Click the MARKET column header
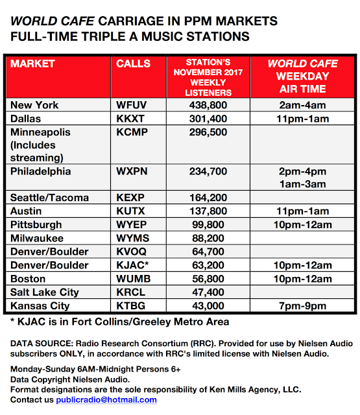[x=32, y=64]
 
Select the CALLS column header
[x=133, y=64]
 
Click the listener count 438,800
[x=208, y=105]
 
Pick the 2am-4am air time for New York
[x=302, y=105]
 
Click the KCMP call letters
[x=132, y=132]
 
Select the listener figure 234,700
[x=208, y=171]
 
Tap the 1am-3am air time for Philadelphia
[x=302, y=184]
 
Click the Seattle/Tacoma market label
[x=49, y=198]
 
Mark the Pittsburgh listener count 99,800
[x=208, y=225]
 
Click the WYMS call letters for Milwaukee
[x=132, y=238]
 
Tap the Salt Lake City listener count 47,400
[x=208, y=292]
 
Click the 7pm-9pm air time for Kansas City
[x=302, y=306]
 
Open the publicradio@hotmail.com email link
[x=106, y=399]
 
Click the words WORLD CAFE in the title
[x=53, y=21]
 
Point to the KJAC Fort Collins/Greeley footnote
[x=119, y=322]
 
